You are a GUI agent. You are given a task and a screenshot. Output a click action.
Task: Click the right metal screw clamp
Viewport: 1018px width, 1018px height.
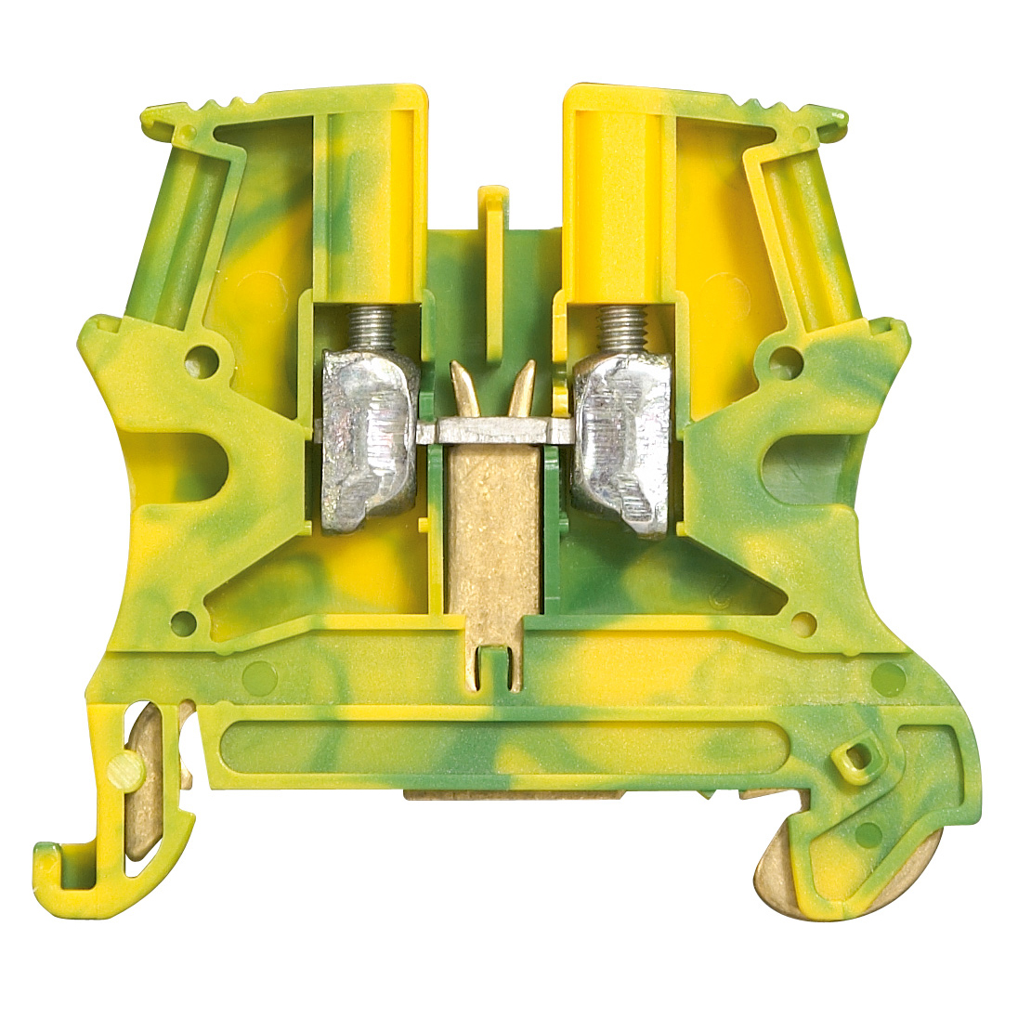(x=620, y=442)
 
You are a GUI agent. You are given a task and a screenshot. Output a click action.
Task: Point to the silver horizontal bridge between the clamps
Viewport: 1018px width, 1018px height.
(x=491, y=430)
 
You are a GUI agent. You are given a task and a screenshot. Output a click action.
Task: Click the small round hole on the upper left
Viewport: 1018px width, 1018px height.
(x=204, y=357)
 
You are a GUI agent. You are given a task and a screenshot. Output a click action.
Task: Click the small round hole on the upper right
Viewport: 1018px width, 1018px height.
(x=787, y=357)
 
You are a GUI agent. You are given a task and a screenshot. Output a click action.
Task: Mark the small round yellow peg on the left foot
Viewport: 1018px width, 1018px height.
(x=124, y=768)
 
